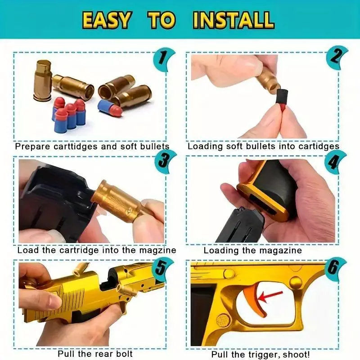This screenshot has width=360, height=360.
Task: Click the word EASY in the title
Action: pos(107,20)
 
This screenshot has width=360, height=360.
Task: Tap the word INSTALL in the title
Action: pos(233,20)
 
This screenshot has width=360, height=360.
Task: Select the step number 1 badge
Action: pos(163,59)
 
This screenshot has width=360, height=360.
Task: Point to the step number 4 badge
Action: pos(335,162)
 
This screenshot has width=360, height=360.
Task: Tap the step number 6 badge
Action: pos(335,268)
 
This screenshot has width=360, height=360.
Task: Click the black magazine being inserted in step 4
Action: pos(242,225)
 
